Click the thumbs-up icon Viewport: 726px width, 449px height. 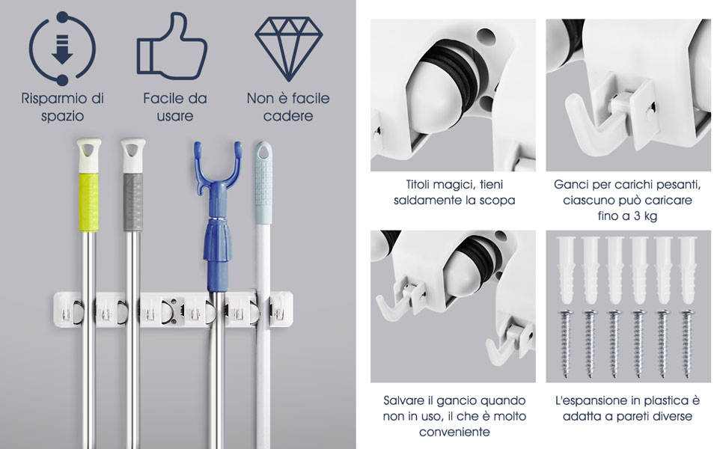pos(172,46)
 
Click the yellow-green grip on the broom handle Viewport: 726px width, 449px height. pos(88,201)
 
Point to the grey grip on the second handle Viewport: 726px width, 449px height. pos(133,202)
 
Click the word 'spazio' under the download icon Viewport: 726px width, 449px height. pos(63,116)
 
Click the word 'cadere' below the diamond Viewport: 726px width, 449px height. pos(288,116)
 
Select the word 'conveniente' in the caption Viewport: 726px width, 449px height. pos(454,432)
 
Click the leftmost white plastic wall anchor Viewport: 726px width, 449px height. pos(566,270)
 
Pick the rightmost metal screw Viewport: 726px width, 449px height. pos(687,343)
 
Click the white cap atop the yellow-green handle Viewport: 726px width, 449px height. pos(89,155)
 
